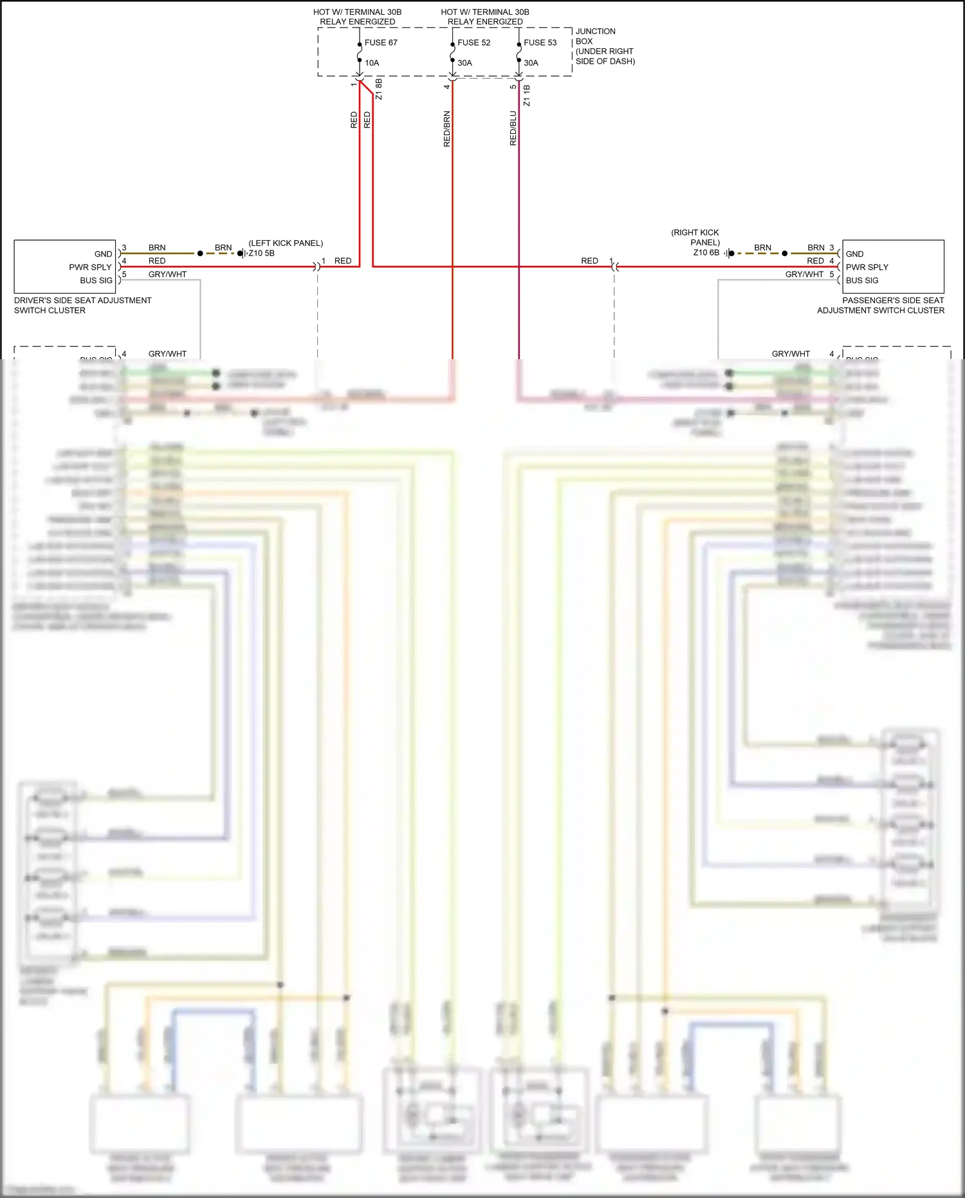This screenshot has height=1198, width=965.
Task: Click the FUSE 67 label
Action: tap(381, 42)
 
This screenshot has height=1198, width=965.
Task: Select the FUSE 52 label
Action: tap(473, 42)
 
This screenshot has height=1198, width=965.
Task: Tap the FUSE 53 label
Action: tap(540, 42)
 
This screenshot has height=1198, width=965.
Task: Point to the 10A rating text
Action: tap(372, 63)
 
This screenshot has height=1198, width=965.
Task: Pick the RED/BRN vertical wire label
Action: tap(447, 129)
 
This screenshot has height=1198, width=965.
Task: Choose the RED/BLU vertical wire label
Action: tap(513, 129)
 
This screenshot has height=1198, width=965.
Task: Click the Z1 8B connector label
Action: tap(379, 89)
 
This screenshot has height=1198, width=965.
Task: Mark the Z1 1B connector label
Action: tap(527, 95)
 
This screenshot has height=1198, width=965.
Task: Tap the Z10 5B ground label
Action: tap(262, 253)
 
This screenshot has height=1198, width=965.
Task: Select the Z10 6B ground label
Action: tap(706, 252)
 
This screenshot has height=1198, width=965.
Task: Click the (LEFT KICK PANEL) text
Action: tap(286, 243)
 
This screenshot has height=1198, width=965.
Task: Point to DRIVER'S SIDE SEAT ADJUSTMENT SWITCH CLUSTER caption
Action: tap(82, 305)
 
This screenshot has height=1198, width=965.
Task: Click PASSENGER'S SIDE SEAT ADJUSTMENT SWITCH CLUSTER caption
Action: tap(881, 305)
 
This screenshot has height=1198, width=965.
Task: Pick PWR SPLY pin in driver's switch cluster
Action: tap(91, 267)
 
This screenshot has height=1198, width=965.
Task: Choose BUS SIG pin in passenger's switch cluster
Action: tap(862, 281)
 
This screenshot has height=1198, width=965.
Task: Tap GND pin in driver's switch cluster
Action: tap(103, 254)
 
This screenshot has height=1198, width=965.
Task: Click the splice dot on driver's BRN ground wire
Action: tap(200, 254)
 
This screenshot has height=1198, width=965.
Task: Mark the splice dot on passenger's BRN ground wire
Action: tap(784, 254)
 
